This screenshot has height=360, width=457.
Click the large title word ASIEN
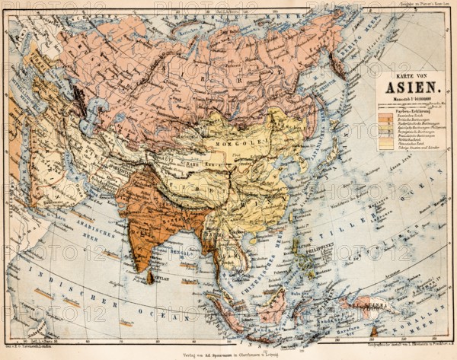coord(409,86)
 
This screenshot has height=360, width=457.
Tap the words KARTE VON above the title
coord(409,75)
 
